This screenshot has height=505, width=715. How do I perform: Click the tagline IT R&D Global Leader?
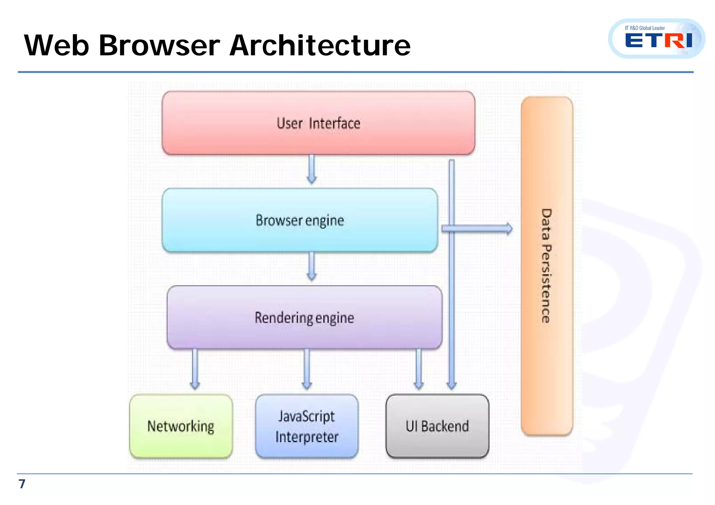tap(645, 28)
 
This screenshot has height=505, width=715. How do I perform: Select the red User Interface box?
tap(318, 123)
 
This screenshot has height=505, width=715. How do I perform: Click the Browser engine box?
tap(300, 220)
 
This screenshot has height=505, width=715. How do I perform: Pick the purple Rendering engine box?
tap(304, 318)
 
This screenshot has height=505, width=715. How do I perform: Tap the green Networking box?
tap(181, 426)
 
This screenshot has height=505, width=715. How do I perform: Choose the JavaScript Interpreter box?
tap(307, 426)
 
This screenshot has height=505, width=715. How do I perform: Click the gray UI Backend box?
tap(437, 426)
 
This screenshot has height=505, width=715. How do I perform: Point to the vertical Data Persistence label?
tap(546, 266)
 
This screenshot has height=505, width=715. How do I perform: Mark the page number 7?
tap(22, 484)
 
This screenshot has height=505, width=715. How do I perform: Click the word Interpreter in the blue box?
tap(307, 437)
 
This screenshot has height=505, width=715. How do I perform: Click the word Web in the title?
tap(57, 45)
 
